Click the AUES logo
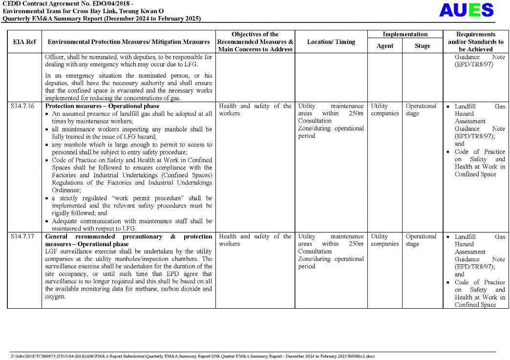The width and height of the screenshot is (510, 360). pyautogui.click(x=466, y=10)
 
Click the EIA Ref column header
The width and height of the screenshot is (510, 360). pyautogui.click(x=24, y=42)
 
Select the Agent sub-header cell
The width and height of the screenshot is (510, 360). pyautogui.click(x=385, y=46)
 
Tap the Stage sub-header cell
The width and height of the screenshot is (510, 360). pyautogui.click(x=423, y=46)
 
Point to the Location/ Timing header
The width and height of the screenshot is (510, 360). pyautogui.click(x=331, y=42)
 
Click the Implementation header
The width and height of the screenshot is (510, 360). pyautogui.click(x=405, y=35)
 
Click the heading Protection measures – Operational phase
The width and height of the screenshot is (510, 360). pyautogui.click(x=102, y=106)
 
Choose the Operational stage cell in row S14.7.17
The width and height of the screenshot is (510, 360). pyautogui.click(x=421, y=240)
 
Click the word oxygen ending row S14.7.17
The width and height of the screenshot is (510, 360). pyautogui.click(x=55, y=296)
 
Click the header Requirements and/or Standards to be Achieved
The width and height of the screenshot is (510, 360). pyautogui.click(x=476, y=42)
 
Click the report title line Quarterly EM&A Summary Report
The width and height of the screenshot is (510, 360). pyautogui.click(x=102, y=19)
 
